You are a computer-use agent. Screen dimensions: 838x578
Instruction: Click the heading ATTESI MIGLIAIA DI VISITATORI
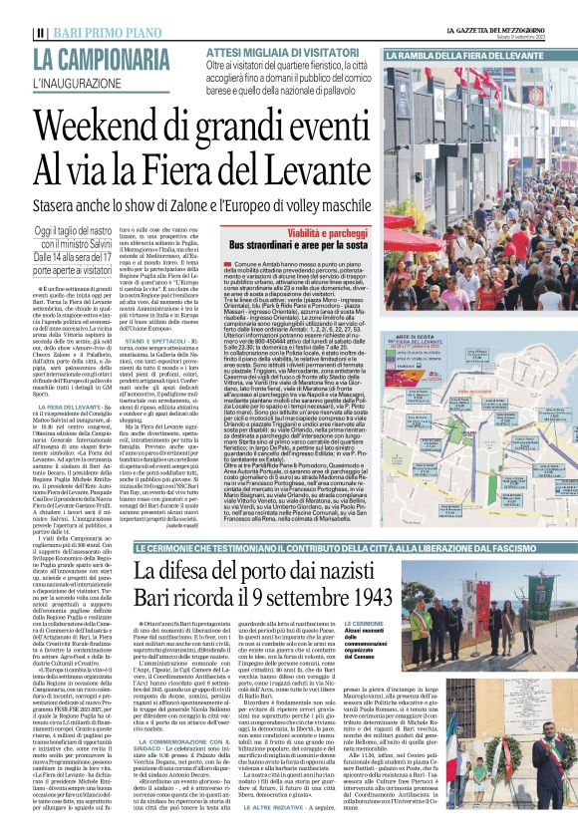(281, 50)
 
